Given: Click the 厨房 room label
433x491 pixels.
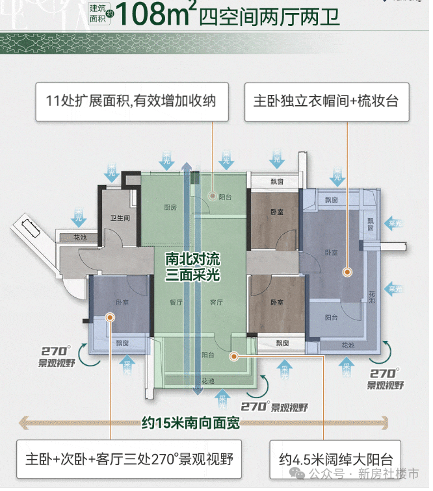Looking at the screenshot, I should coord(170,208).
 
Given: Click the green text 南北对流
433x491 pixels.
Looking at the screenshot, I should coord(192,259).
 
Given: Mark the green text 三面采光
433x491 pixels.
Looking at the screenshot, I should coord(192,275).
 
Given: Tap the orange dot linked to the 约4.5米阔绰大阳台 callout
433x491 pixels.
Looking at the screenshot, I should coord(235,355).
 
